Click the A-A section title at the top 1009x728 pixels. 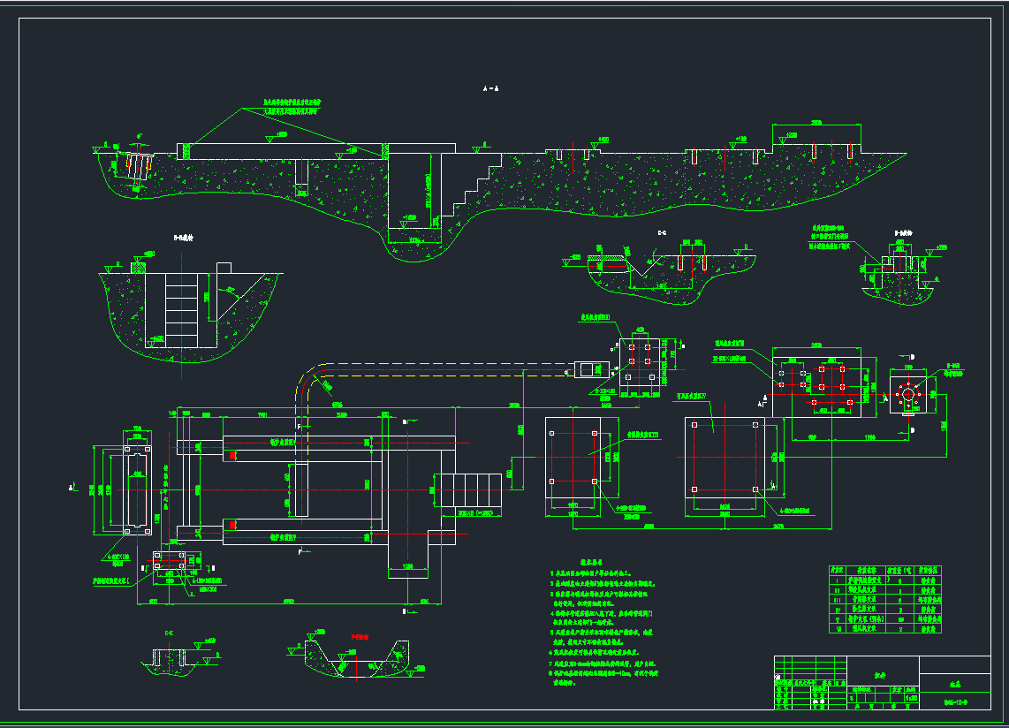[x=491, y=88]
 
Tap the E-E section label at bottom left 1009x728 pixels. [x=168, y=633]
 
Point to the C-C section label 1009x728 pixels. [x=662, y=232]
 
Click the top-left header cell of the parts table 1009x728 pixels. [x=837, y=570]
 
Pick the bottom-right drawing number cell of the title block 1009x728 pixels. [x=954, y=702]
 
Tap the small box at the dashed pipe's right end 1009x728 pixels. [x=585, y=370]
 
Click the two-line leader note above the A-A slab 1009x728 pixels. [x=284, y=108]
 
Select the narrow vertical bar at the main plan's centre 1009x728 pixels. [x=300, y=489]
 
